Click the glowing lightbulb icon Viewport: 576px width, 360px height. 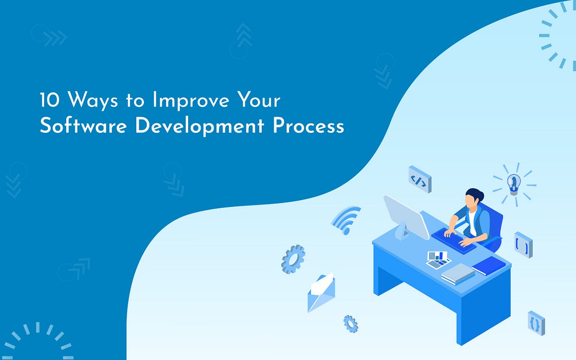514,183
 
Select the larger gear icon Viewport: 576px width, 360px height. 293,259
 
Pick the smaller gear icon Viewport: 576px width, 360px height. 350,324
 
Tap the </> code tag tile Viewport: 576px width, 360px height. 420,180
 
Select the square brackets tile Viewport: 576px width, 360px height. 523,245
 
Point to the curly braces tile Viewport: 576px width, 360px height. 536,323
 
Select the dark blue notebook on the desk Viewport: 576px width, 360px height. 489,265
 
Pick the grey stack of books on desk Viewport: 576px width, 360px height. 458,274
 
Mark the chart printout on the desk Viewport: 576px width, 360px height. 438,260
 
